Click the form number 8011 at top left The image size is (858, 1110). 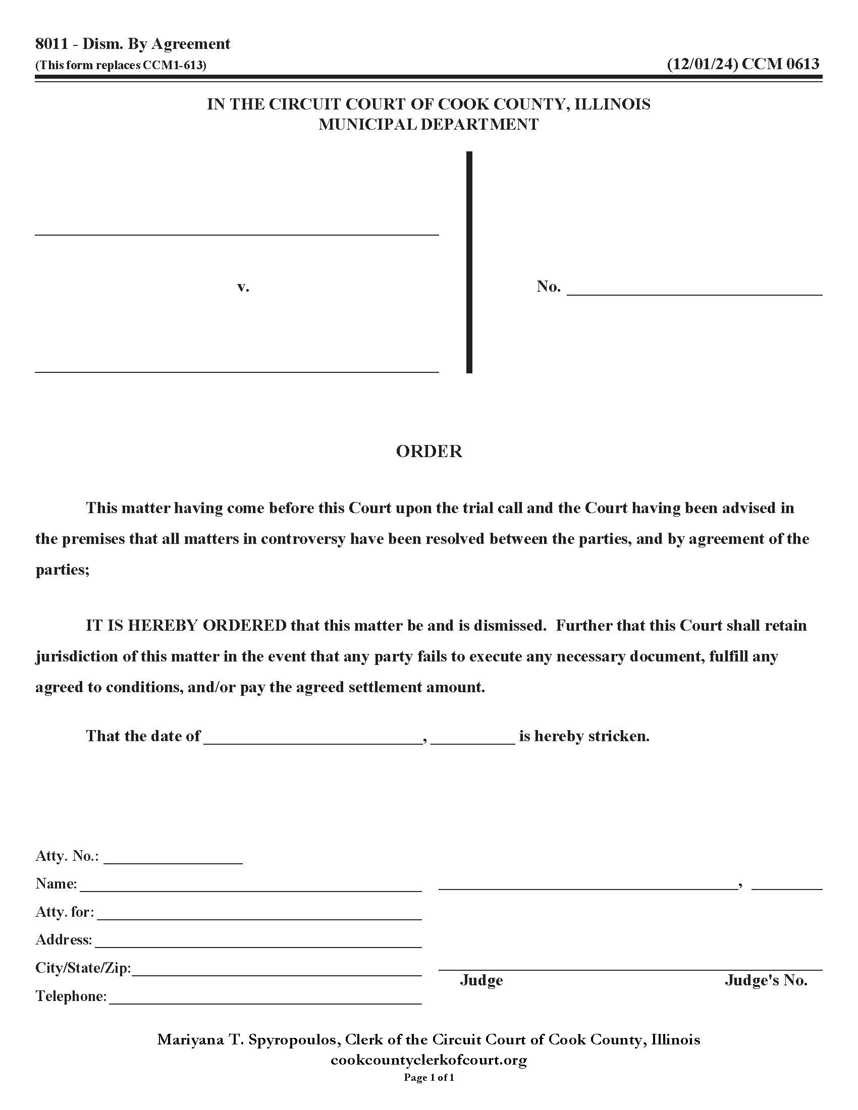click(x=51, y=44)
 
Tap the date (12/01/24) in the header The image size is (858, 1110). click(x=702, y=64)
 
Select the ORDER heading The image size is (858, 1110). click(x=429, y=452)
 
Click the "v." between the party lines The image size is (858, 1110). click(x=243, y=287)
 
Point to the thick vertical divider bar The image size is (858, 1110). click(x=469, y=262)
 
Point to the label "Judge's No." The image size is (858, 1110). click(x=766, y=980)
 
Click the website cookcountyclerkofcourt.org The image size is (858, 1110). click(x=428, y=1060)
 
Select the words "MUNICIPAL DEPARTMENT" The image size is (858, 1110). click(x=428, y=125)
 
